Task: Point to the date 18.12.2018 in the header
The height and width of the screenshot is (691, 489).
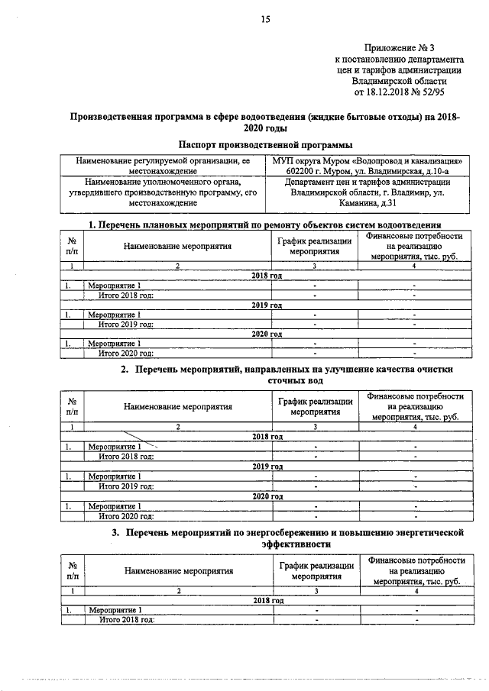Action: pyautogui.click(x=392, y=92)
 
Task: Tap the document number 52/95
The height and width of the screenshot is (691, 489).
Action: pyautogui.click(x=442, y=92)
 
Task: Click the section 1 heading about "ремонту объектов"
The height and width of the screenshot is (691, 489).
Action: pyautogui.click(x=265, y=224)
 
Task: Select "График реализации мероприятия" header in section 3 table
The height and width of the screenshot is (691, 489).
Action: pyautogui.click(x=315, y=570)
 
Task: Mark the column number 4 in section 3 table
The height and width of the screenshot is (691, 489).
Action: pyautogui.click(x=416, y=591)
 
